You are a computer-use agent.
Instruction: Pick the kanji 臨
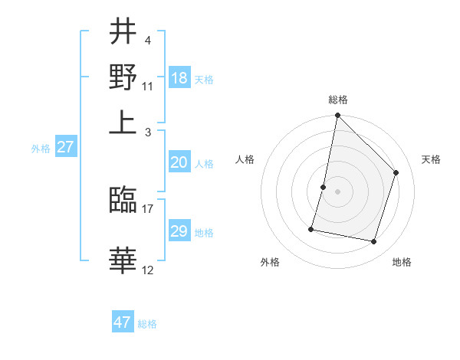click(x=123, y=201)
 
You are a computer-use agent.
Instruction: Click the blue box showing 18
click(x=179, y=78)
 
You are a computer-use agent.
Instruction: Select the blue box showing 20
click(x=179, y=162)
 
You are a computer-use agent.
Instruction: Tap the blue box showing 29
click(x=179, y=231)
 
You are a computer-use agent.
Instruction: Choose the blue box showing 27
click(x=65, y=148)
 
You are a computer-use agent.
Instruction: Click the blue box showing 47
click(x=123, y=322)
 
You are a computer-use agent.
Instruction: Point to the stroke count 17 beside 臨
click(x=148, y=208)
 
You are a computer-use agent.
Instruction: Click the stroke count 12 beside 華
click(x=148, y=270)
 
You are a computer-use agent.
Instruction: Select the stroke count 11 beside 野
click(x=148, y=84)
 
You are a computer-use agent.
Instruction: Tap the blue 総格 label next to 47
click(x=147, y=324)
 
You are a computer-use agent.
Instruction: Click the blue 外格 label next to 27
click(x=41, y=149)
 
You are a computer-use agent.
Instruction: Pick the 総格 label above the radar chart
click(x=337, y=100)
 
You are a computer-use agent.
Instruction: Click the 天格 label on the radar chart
click(x=431, y=159)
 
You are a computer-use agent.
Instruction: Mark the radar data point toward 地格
click(x=373, y=242)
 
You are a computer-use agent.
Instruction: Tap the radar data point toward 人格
click(x=324, y=187)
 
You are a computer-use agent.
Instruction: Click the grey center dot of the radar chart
click(x=337, y=191)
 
